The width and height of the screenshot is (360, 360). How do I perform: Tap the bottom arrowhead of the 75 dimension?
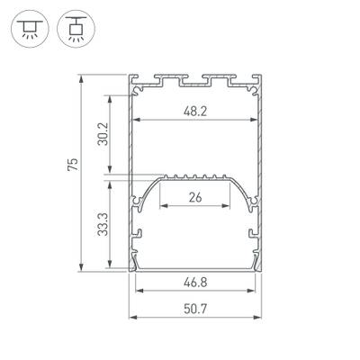point(84,268)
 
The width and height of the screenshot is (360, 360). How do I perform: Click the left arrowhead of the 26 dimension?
point(164,208)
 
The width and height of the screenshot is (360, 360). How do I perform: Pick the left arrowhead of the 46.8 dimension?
point(137,291)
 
